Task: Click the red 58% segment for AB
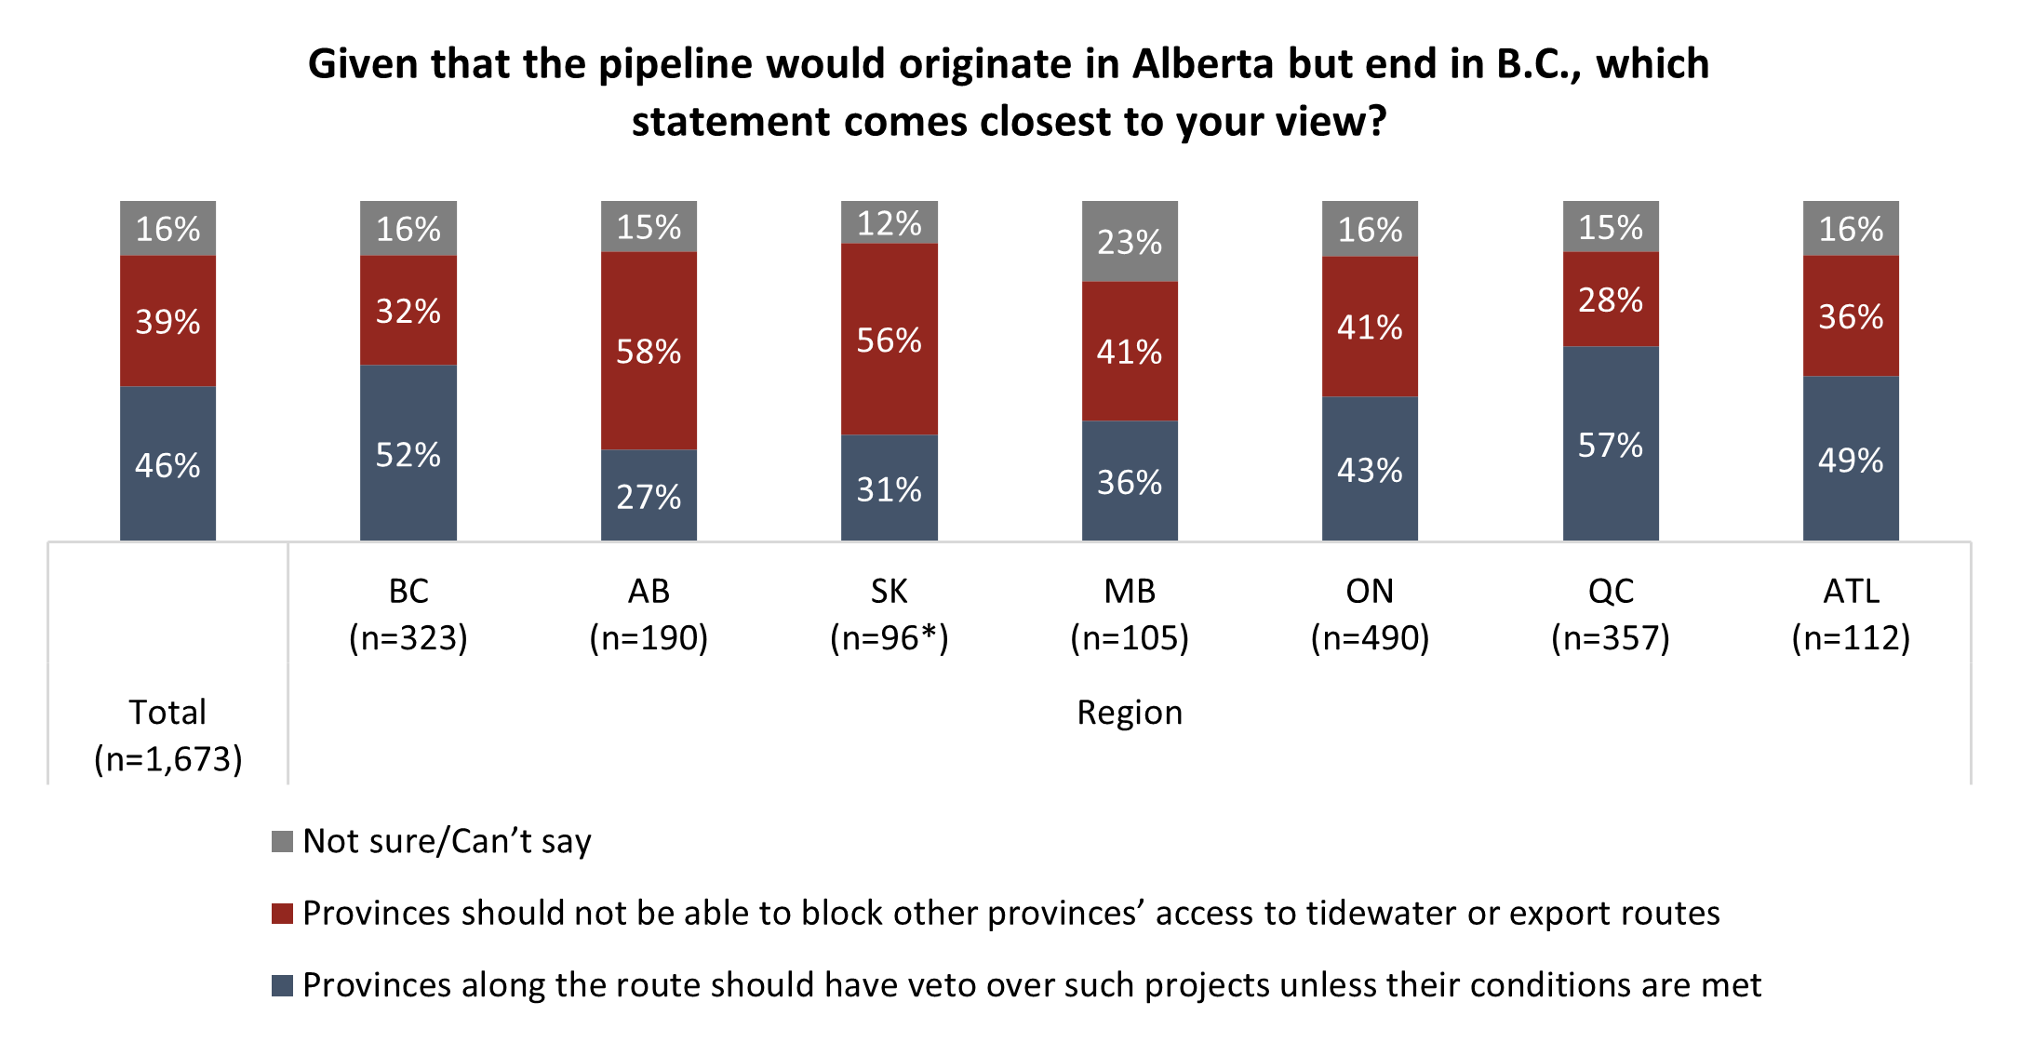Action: pos(649,351)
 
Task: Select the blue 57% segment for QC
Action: pos(1611,444)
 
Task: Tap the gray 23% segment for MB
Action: pos(1130,241)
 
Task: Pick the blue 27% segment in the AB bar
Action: pos(649,496)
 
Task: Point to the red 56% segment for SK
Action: pos(889,340)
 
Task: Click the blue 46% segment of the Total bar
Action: pos(167,464)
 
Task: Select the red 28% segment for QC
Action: pos(1611,300)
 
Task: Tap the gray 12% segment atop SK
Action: pos(889,222)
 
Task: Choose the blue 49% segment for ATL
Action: pos(1851,459)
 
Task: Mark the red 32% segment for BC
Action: pos(408,311)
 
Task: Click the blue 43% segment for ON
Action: pos(1370,469)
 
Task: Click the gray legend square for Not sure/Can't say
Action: pos(282,842)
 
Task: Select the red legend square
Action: pos(282,914)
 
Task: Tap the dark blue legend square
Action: pos(282,985)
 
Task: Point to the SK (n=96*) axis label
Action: pos(889,614)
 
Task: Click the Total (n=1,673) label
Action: pos(167,736)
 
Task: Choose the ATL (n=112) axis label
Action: pos(1851,614)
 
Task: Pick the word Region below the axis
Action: pos(1130,713)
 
